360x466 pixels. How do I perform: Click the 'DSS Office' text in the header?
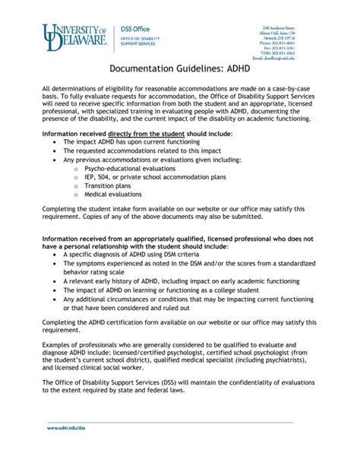coord(137,29)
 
